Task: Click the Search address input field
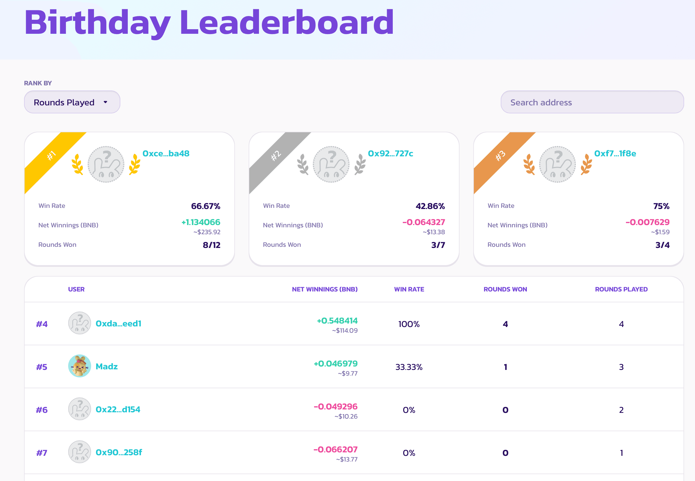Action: pos(592,102)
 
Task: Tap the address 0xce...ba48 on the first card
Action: pos(166,153)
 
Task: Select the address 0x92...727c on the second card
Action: pos(390,153)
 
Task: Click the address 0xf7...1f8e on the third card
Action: pos(615,153)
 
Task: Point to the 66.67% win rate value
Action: pos(206,206)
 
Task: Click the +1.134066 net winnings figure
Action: pos(201,222)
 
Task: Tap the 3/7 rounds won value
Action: pos(438,245)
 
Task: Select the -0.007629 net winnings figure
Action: pos(647,222)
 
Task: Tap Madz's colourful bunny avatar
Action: pos(80,366)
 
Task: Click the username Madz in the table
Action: pos(107,366)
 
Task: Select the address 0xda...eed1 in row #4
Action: pos(118,323)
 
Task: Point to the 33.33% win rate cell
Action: pos(409,367)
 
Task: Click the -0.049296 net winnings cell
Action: pos(335,407)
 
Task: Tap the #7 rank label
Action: pos(42,453)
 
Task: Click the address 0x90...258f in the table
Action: pos(119,452)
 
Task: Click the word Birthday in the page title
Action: pos(97,23)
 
